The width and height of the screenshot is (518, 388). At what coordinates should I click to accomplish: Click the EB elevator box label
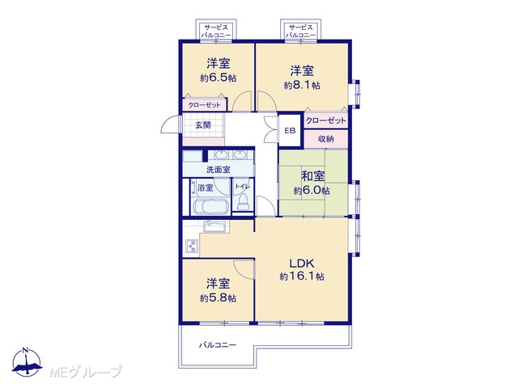point(290,131)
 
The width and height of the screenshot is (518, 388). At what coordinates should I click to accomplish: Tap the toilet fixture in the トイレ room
point(243,201)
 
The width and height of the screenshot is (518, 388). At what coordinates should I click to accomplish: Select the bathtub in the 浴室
point(210,207)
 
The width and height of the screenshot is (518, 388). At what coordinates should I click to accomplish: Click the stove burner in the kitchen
point(192,246)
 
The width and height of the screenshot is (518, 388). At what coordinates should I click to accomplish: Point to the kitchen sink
point(214,227)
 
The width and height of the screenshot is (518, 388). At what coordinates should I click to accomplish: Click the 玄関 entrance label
point(203,125)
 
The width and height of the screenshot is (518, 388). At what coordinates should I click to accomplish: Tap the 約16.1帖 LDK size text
point(302,276)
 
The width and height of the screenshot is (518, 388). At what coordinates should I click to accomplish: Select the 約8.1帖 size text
point(302,85)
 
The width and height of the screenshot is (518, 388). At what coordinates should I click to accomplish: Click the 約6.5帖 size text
point(218,78)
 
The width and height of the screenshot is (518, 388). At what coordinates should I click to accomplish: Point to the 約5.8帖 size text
point(218,298)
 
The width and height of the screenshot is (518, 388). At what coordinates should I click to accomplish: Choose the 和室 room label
point(312,176)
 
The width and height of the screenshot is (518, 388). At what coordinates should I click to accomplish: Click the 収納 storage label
point(325,139)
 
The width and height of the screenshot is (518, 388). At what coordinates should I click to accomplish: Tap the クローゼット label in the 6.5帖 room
point(204,105)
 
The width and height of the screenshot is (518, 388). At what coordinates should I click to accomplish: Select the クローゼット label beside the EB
point(325,120)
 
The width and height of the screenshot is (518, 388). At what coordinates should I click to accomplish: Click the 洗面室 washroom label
point(218,170)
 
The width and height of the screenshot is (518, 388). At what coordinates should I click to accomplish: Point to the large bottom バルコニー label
point(218,345)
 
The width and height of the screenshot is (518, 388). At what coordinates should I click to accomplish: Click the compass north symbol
point(27,362)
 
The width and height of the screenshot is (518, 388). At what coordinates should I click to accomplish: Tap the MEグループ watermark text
point(86,372)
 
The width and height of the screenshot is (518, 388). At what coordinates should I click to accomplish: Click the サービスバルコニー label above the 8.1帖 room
point(300,31)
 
